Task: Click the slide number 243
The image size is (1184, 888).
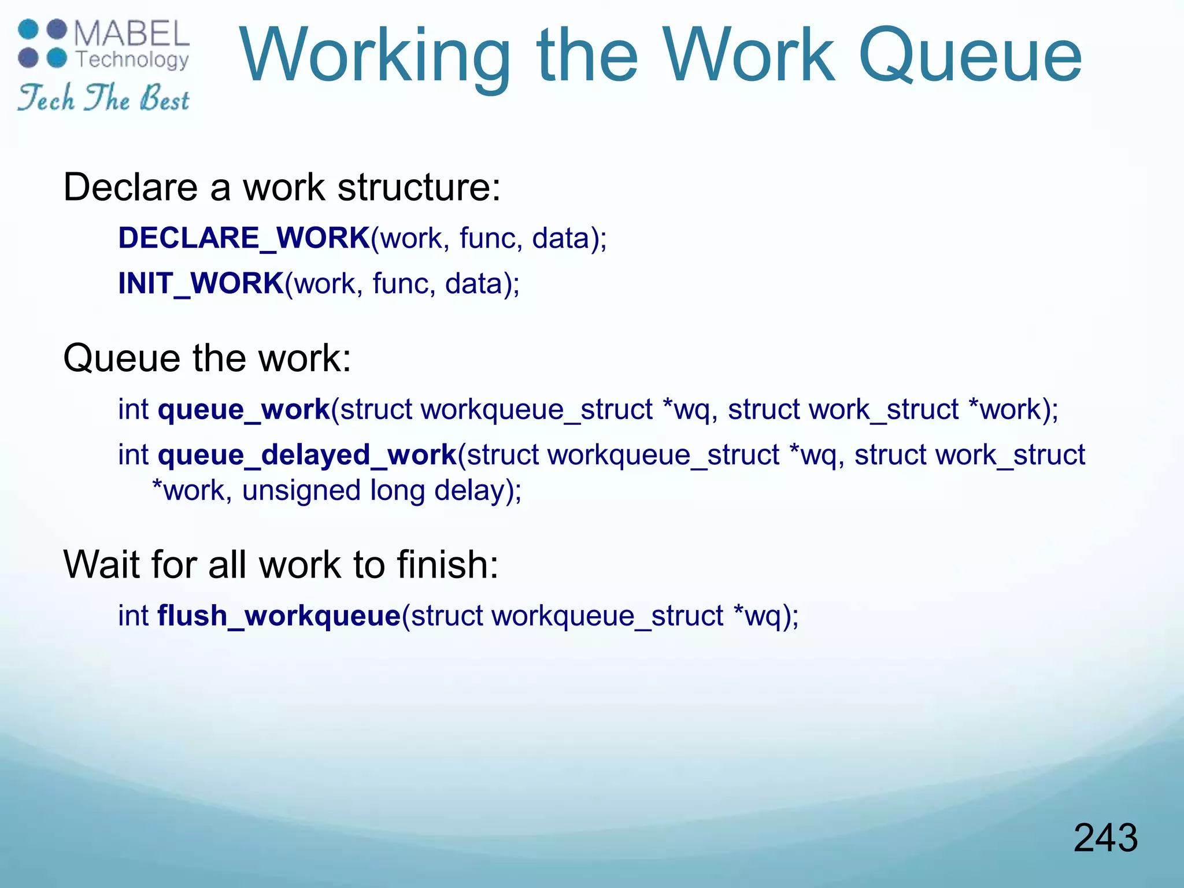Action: (x=1105, y=838)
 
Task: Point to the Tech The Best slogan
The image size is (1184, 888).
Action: (x=103, y=98)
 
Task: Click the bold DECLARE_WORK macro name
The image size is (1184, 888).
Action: (x=244, y=238)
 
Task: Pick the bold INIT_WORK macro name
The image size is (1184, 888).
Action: (x=201, y=283)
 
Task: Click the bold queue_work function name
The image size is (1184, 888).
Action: (x=243, y=410)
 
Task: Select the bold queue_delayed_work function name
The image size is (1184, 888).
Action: (x=307, y=455)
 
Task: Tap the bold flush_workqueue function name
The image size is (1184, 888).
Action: (x=279, y=615)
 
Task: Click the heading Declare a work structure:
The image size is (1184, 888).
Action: (x=282, y=187)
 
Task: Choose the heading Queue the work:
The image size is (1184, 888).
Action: (x=207, y=358)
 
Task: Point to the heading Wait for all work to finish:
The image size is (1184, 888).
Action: (x=280, y=564)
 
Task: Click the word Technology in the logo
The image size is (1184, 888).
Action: (x=132, y=60)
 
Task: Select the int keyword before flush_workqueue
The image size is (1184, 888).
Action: (x=134, y=615)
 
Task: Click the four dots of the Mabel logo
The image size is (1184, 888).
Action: (x=43, y=43)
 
